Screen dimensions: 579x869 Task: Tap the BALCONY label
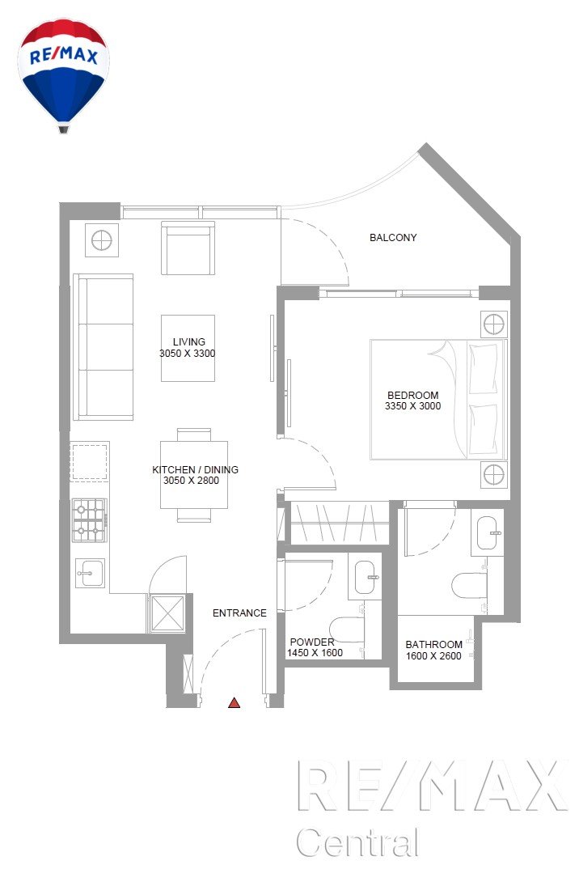[x=393, y=237]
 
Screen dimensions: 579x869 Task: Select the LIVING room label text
[x=189, y=342]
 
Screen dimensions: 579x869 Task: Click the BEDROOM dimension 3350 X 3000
[x=412, y=405]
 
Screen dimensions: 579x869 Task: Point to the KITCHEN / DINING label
[x=195, y=469]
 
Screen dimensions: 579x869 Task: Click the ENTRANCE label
[x=239, y=613]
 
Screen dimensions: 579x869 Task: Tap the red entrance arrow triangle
[x=234, y=703]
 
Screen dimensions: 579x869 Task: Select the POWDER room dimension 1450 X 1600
[x=314, y=653]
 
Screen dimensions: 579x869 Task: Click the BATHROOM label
[x=433, y=645]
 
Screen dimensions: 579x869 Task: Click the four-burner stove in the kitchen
[x=89, y=519]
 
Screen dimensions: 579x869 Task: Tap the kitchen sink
[x=90, y=573]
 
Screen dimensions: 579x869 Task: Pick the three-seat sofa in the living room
[x=103, y=347]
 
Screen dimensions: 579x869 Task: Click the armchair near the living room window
[x=188, y=248]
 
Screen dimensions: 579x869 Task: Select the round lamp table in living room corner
[x=102, y=240]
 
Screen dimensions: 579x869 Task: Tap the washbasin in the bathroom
[x=488, y=532]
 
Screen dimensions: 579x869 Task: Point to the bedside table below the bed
[x=493, y=474]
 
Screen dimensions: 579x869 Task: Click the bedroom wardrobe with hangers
[x=339, y=523]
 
